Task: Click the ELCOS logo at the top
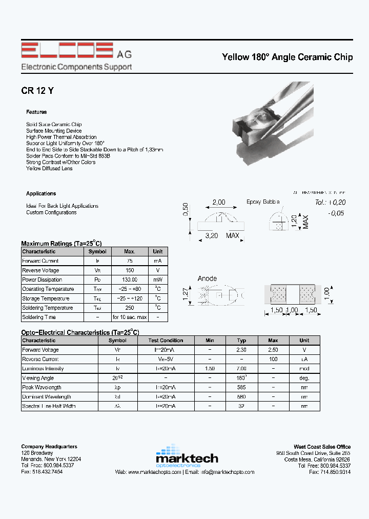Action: pyautogui.click(x=67, y=51)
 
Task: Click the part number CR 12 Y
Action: pyautogui.click(x=37, y=91)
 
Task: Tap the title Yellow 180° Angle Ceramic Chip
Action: pyautogui.click(x=287, y=57)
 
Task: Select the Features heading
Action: pyautogui.click(x=36, y=112)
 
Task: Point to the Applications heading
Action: pyautogui.click(x=41, y=193)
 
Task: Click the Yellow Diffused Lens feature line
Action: pyautogui.click(x=49, y=168)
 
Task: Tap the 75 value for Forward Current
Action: pyautogui.click(x=130, y=261)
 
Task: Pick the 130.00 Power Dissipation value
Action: pyautogui.click(x=130, y=280)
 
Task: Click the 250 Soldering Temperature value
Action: pyautogui.click(x=130, y=308)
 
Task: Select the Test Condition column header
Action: pyautogui.click(x=166, y=341)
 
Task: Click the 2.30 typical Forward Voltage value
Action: pyautogui.click(x=242, y=350)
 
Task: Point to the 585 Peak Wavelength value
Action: pyautogui.click(x=242, y=388)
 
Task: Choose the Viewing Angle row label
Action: pyautogui.click(x=39, y=378)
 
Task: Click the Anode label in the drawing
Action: pyautogui.click(x=207, y=278)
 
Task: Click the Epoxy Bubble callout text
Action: pyautogui.click(x=263, y=202)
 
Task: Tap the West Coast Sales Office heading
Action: pyautogui.click(x=322, y=447)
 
